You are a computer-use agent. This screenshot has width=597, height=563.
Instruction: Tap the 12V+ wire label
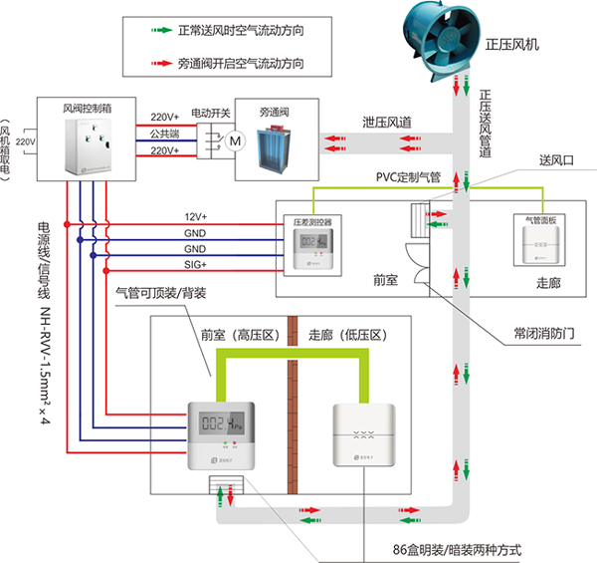(195, 216)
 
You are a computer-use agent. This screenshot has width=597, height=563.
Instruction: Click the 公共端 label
(165, 134)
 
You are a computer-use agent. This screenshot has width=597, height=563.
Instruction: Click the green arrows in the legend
(158, 31)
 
